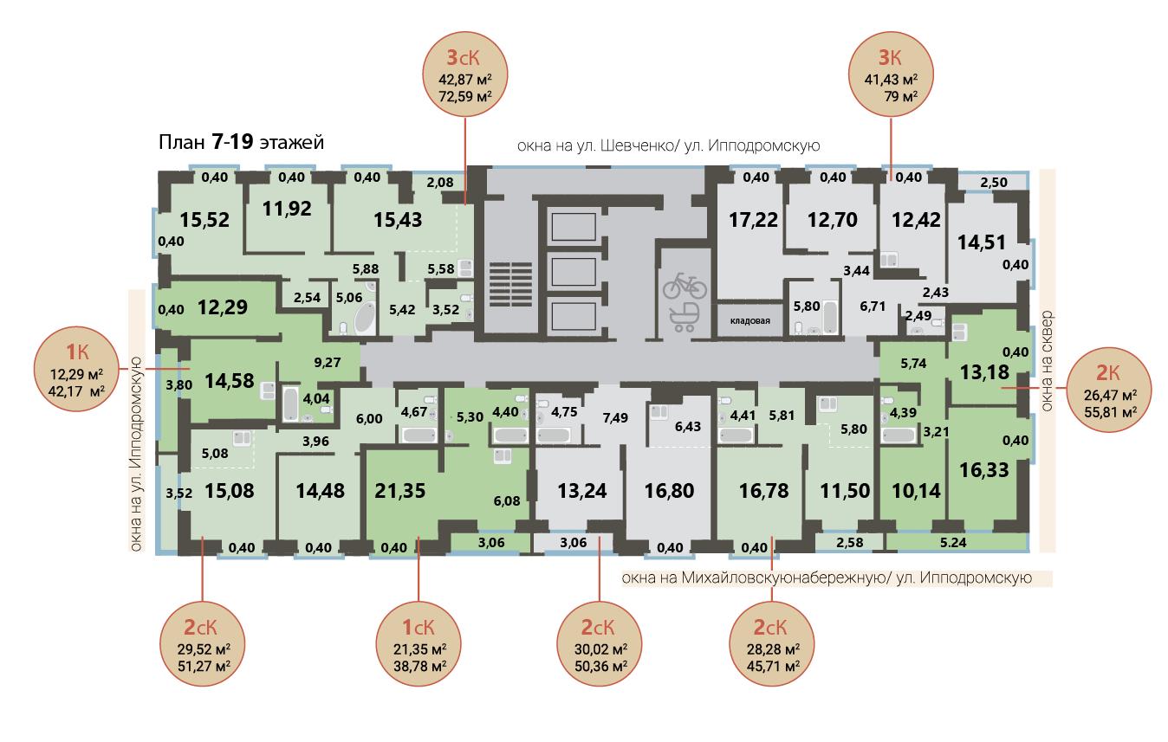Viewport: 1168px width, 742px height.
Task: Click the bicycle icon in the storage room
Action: point(685,286)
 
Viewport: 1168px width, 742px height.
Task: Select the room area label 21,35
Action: point(400,491)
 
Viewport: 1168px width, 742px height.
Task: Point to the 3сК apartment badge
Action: point(465,74)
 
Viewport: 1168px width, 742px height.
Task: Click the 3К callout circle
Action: point(891,74)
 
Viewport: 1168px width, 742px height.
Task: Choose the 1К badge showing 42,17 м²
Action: point(76,369)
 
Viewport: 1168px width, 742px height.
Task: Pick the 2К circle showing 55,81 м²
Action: point(1109,390)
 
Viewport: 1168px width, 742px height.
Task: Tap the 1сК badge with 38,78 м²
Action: point(419,643)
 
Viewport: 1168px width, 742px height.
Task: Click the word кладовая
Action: point(749,321)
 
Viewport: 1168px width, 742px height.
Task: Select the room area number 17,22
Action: point(753,220)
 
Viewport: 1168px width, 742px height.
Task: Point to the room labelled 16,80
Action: point(669,491)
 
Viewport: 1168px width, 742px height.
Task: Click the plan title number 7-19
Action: point(232,142)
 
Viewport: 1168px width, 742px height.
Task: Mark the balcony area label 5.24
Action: point(953,543)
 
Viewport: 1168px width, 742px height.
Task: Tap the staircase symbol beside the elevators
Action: point(510,285)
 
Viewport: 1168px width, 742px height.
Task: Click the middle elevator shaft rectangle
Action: point(574,272)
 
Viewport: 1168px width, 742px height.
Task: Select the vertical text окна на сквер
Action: point(1047,361)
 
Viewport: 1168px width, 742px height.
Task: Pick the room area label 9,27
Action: point(328,363)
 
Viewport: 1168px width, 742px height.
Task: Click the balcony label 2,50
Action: point(994,183)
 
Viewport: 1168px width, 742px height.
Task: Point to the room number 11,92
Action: point(287,209)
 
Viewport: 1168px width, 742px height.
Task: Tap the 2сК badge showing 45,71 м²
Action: point(772,643)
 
